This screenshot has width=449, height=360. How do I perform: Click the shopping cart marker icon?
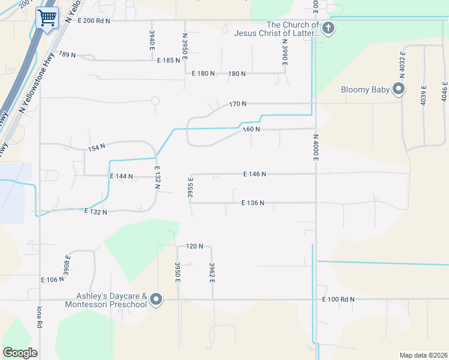[47, 17]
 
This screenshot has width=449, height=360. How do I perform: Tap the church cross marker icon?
[328, 28]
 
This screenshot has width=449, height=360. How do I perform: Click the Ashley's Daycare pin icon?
[156, 299]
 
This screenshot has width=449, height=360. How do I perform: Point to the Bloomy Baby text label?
[366, 90]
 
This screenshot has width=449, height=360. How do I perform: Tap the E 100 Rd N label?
[338, 299]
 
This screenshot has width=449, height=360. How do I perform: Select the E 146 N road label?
[255, 174]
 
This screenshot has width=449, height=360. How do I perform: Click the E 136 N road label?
[253, 203]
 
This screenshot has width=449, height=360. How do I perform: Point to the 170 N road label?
[238, 104]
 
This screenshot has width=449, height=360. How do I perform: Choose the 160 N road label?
[251, 129]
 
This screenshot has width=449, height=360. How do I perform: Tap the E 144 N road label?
[121, 176]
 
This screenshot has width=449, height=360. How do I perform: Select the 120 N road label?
[195, 246]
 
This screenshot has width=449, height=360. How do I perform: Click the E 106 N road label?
[52, 280]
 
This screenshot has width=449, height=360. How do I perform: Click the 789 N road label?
[67, 55]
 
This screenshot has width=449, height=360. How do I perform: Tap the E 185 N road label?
[169, 61]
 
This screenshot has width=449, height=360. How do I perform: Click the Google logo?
[20, 352]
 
